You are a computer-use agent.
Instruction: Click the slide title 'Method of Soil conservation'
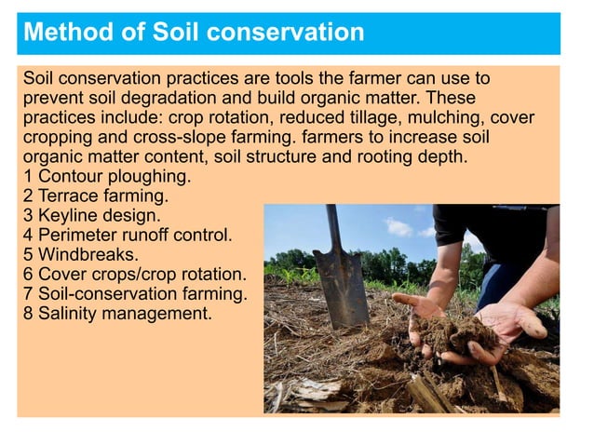click(x=193, y=33)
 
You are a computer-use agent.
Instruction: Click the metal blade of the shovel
click(x=341, y=285)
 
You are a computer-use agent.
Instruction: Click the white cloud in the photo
click(x=398, y=226)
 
